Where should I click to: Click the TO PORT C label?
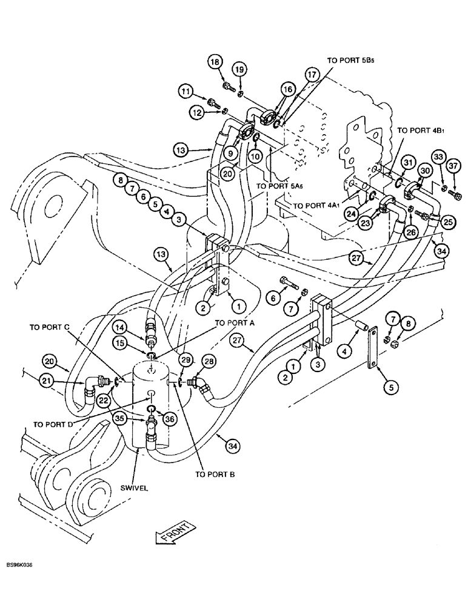point(50,326)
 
